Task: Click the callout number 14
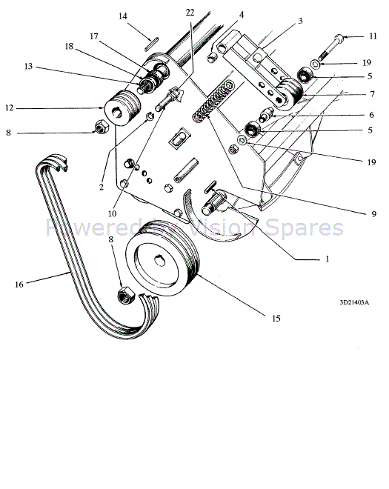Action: [x=122, y=16]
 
